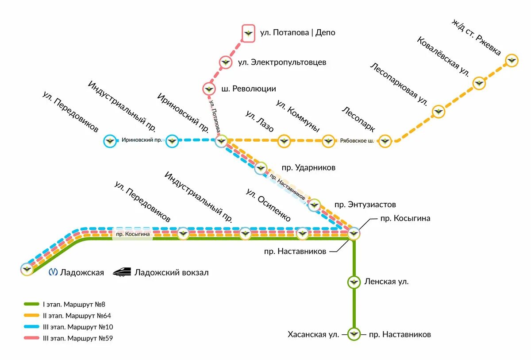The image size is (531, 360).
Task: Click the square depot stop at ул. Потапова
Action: pos(249,33)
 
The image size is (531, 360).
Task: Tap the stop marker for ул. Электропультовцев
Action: pos(226,62)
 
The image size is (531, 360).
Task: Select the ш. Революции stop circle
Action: pos(209,89)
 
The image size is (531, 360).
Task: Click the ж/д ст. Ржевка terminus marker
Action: pos(512,60)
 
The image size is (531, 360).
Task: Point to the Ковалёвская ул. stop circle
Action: pos(479,83)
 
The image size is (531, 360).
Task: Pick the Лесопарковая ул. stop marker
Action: pos(438,112)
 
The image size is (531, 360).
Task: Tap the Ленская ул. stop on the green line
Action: pos(354,282)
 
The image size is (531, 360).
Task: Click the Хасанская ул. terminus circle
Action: pos(354,334)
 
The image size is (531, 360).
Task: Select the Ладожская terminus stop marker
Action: pos(27,269)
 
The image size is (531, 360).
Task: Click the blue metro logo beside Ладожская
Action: pos(53,272)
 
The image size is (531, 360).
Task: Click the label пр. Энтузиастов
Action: pos(365,205)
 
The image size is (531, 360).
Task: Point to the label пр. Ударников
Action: pos(308,168)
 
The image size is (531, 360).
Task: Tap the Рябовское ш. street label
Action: pos(357,141)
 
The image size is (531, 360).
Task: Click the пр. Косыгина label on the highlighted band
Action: pos(133,234)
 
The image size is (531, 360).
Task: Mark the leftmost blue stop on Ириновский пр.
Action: pos(110,141)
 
